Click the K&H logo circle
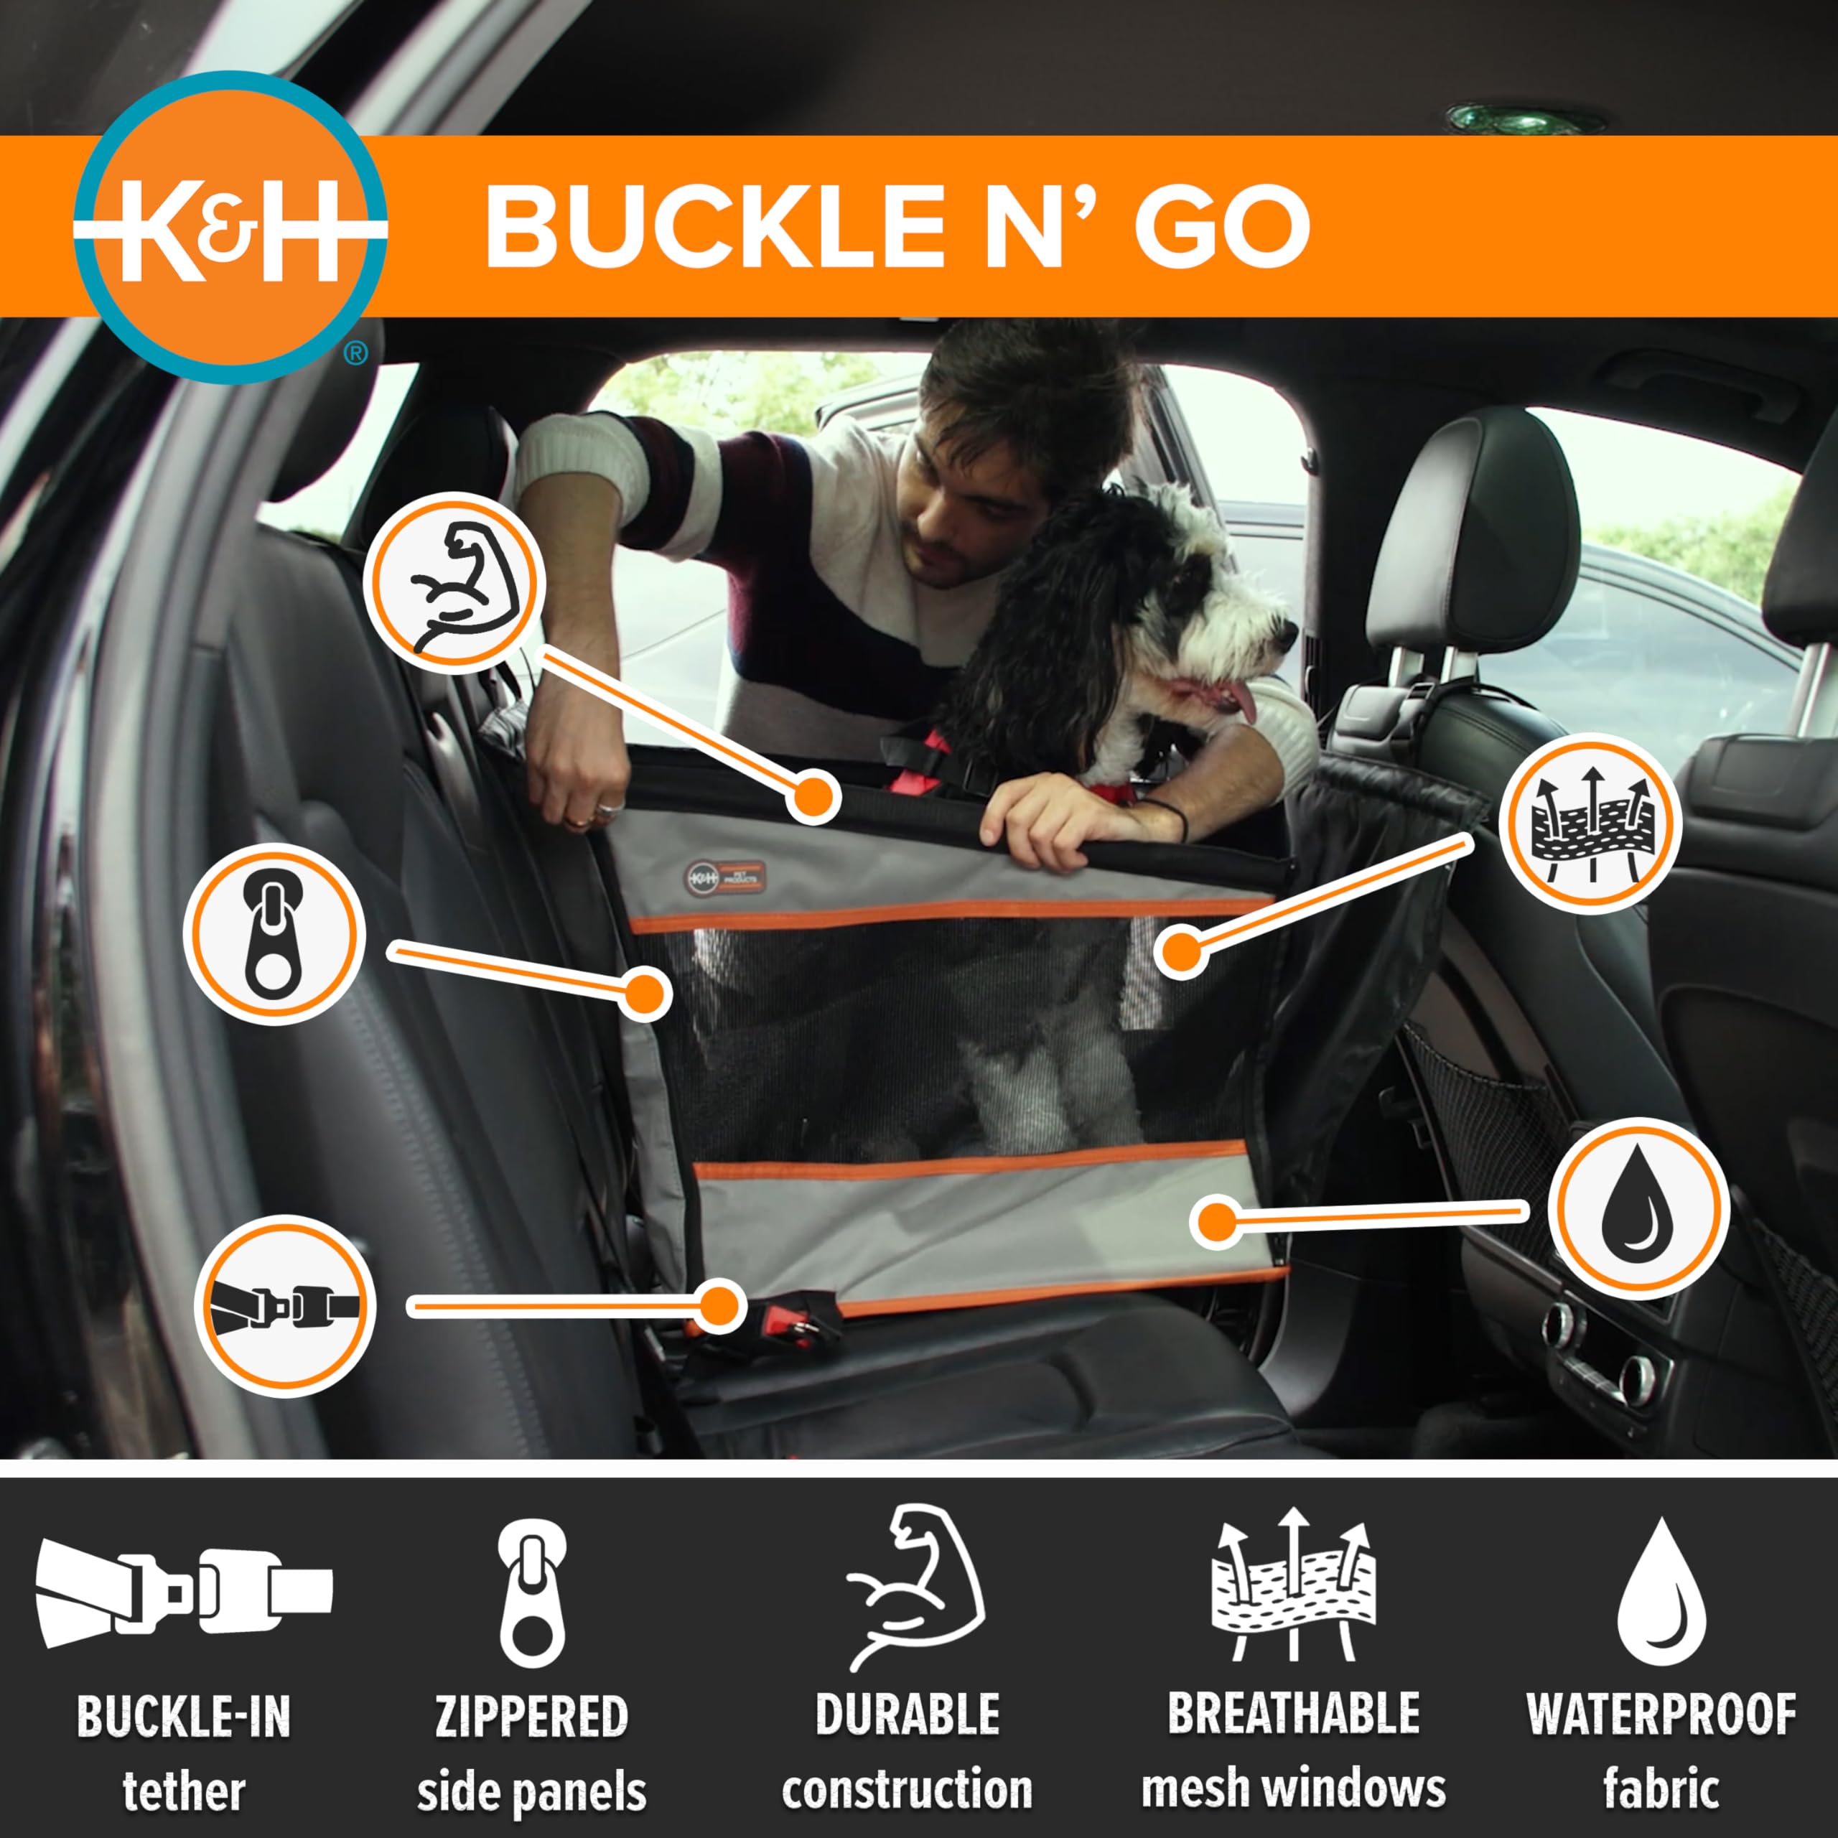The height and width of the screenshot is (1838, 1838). point(230,228)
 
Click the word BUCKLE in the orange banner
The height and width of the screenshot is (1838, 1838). point(714,228)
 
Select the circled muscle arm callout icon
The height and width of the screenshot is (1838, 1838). point(453,582)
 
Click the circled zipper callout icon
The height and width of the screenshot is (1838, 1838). point(274,933)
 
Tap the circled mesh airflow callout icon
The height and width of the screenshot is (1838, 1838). point(1590,823)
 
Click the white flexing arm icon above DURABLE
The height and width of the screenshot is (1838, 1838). point(915,1587)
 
